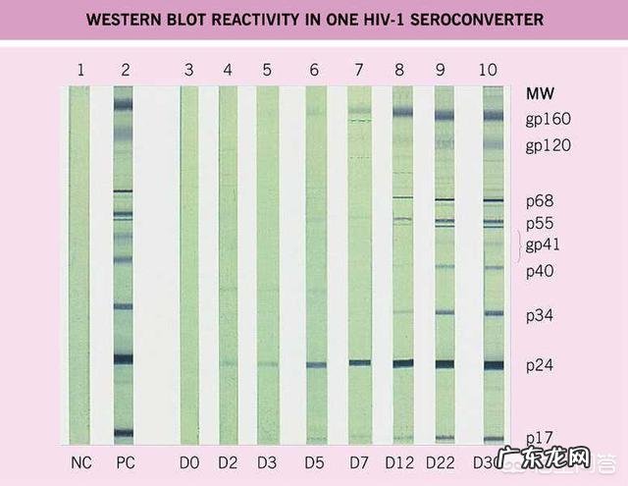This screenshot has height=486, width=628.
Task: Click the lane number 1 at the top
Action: click(79, 69)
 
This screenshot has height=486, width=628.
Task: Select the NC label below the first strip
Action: click(81, 461)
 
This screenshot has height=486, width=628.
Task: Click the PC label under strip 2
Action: click(125, 461)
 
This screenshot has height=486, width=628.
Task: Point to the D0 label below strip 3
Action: click(189, 461)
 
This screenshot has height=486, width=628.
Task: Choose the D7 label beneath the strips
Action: click(359, 461)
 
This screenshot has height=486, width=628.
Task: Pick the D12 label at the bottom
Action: click(402, 461)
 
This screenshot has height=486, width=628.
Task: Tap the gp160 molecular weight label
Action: click(548, 121)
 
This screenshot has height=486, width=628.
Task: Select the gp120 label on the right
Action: click(548, 146)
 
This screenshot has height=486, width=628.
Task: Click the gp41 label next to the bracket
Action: click(546, 243)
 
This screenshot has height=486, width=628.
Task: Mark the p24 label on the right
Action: click(541, 365)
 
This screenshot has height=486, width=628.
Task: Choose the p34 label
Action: click(541, 315)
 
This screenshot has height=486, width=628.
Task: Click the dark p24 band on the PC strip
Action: click(123, 359)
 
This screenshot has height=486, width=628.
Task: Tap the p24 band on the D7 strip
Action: click(359, 362)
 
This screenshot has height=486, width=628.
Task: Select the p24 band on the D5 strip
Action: click(315, 365)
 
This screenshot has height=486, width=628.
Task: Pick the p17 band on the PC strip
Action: click(123, 432)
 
